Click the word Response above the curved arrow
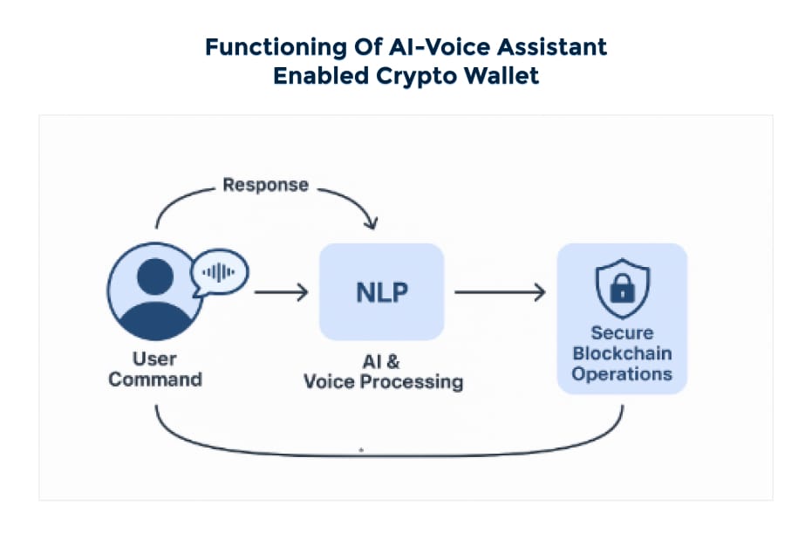click(266, 185)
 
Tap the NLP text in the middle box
click(382, 292)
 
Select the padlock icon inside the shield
click(623, 288)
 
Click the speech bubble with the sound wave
click(219, 273)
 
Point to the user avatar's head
click(155, 277)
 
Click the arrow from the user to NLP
click(281, 292)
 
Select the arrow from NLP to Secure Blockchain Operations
click(500, 292)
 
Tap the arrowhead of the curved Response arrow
click(371, 223)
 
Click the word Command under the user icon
click(155, 379)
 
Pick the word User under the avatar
click(154, 359)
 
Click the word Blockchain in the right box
click(622, 353)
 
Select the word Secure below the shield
click(622, 332)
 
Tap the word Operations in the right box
click(622, 374)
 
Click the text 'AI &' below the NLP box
click(381, 361)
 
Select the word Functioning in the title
click(276, 47)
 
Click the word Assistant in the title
click(552, 47)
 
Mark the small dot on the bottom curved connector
click(361, 450)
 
